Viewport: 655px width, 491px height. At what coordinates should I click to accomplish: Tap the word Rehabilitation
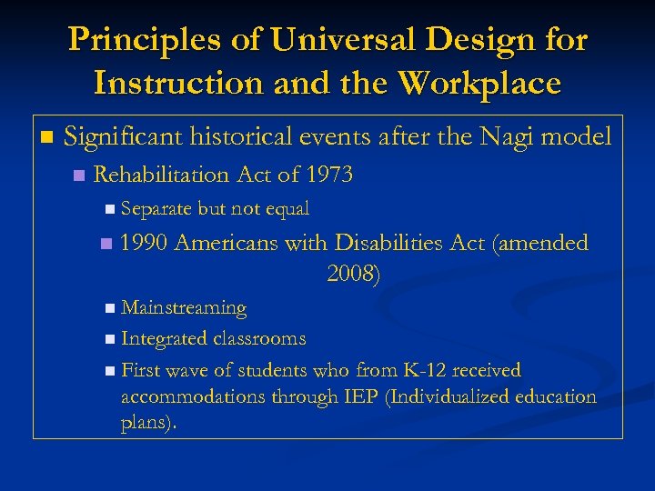point(162,174)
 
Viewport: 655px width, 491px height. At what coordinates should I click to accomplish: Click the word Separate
point(156,208)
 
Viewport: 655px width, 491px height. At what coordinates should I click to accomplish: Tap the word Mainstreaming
point(183,308)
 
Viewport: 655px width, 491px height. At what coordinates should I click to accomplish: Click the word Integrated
point(164,339)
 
